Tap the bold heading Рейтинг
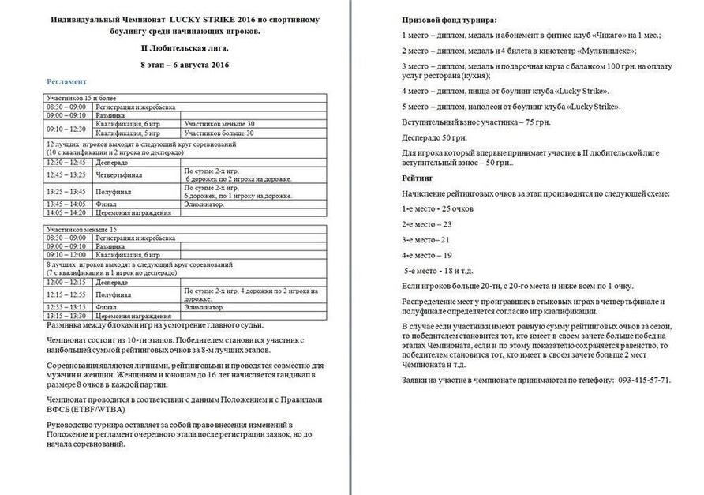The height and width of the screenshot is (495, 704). pyautogui.click(x=418, y=178)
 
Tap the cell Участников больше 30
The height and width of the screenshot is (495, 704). pyautogui.click(x=219, y=133)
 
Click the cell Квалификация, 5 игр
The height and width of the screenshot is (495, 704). pyautogui.click(x=129, y=133)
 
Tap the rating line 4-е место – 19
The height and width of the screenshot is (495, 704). pyautogui.click(x=427, y=255)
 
